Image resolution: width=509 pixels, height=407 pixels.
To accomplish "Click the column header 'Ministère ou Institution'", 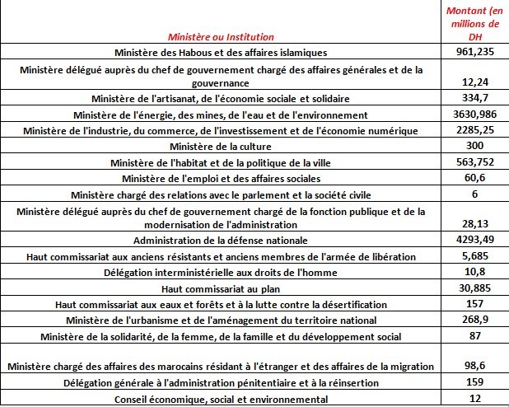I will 220,37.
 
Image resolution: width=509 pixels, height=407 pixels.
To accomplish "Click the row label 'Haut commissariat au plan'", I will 220,288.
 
